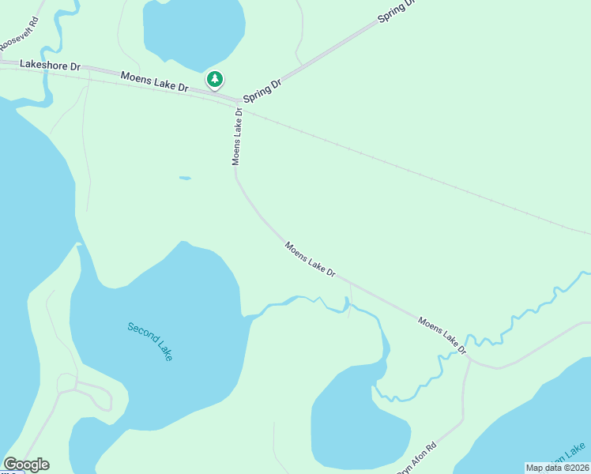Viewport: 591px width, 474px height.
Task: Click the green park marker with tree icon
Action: click(214, 80)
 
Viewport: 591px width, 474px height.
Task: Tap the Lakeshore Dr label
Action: click(50, 66)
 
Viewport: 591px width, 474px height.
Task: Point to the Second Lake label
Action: click(149, 340)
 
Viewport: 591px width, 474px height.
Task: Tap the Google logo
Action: click(26, 465)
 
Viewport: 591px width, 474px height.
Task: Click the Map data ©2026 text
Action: click(556, 467)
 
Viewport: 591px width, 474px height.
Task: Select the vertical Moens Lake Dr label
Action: click(236, 137)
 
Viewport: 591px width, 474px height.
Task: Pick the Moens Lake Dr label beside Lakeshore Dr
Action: click(154, 81)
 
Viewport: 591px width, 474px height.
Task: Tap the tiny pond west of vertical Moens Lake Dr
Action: click(185, 178)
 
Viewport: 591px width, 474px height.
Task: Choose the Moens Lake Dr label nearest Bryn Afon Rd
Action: click(442, 335)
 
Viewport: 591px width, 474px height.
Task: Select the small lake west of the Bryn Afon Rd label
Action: click(359, 427)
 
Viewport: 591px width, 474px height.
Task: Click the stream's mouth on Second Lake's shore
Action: click(247, 317)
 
